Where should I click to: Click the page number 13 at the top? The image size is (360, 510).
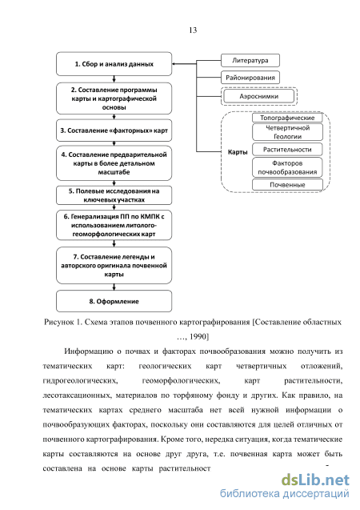point(193,30)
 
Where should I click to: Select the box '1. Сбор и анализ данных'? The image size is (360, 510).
point(114,64)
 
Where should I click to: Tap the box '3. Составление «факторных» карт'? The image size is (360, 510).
point(114,131)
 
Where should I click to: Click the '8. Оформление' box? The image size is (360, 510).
point(114,301)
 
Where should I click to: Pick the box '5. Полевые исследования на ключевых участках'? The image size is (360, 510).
point(114,195)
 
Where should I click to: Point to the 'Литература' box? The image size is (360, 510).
point(250,61)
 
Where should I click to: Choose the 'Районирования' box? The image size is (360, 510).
point(250,78)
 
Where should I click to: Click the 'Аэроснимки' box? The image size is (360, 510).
point(259,96)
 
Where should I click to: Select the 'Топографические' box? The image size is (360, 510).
point(287,118)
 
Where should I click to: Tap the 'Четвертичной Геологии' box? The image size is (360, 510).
point(287,132)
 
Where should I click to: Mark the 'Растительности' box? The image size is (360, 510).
point(287,150)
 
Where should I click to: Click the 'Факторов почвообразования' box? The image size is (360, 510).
point(287,167)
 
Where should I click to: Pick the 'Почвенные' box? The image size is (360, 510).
point(287,185)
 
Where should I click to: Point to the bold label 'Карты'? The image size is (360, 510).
point(238,152)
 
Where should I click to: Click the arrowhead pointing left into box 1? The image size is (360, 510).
point(174,64)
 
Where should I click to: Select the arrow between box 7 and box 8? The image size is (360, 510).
point(114,287)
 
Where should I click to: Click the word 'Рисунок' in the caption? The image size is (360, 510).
point(59,323)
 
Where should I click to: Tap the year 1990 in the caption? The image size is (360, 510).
point(199,336)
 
